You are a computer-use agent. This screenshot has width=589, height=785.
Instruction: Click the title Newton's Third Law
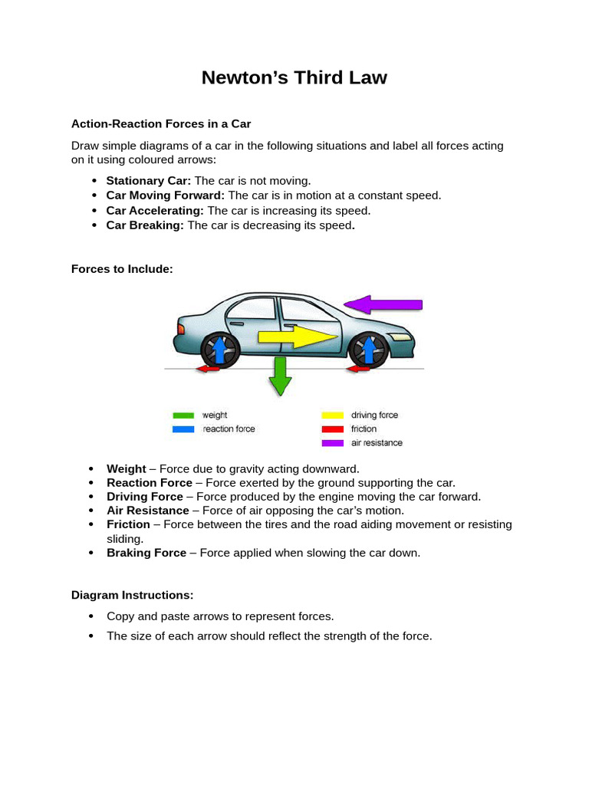coord(294,78)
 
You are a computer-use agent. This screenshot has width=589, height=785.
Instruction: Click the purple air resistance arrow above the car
coord(383,304)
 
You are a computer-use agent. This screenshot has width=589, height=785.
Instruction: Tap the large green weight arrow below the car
coord(280,376)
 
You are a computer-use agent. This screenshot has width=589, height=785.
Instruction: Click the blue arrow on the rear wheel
coord(219,349)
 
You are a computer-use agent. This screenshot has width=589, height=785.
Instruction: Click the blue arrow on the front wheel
coord(368,349)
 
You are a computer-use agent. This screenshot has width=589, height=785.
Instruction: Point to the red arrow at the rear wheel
coord(207,370)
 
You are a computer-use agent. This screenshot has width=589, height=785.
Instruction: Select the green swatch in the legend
coord(183,415)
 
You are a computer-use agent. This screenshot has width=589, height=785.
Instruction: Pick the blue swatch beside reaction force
coord(183,429)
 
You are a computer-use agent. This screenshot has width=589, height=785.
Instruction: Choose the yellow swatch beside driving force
coord(332,415)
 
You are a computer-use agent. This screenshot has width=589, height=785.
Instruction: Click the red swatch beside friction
coord(332,429)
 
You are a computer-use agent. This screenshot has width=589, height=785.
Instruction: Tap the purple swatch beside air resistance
coord(332,443)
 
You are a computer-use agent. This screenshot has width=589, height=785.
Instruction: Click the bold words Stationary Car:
coord(148,181)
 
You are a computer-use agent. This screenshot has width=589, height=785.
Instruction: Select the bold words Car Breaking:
coord(145,225)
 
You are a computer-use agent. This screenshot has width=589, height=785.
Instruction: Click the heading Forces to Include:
coord(122,269)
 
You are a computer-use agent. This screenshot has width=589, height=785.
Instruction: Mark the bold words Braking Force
coord(146,553)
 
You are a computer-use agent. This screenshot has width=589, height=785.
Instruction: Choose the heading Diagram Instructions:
coord(132,595)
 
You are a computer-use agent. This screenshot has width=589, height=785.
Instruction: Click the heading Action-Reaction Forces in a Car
coord(161,123)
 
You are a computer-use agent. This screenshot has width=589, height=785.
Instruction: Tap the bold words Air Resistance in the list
coord(148,511)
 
